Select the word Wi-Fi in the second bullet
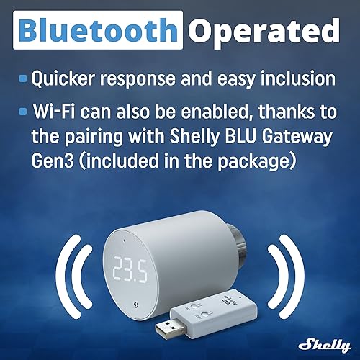pyautogui.click(x=52, y=113)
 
